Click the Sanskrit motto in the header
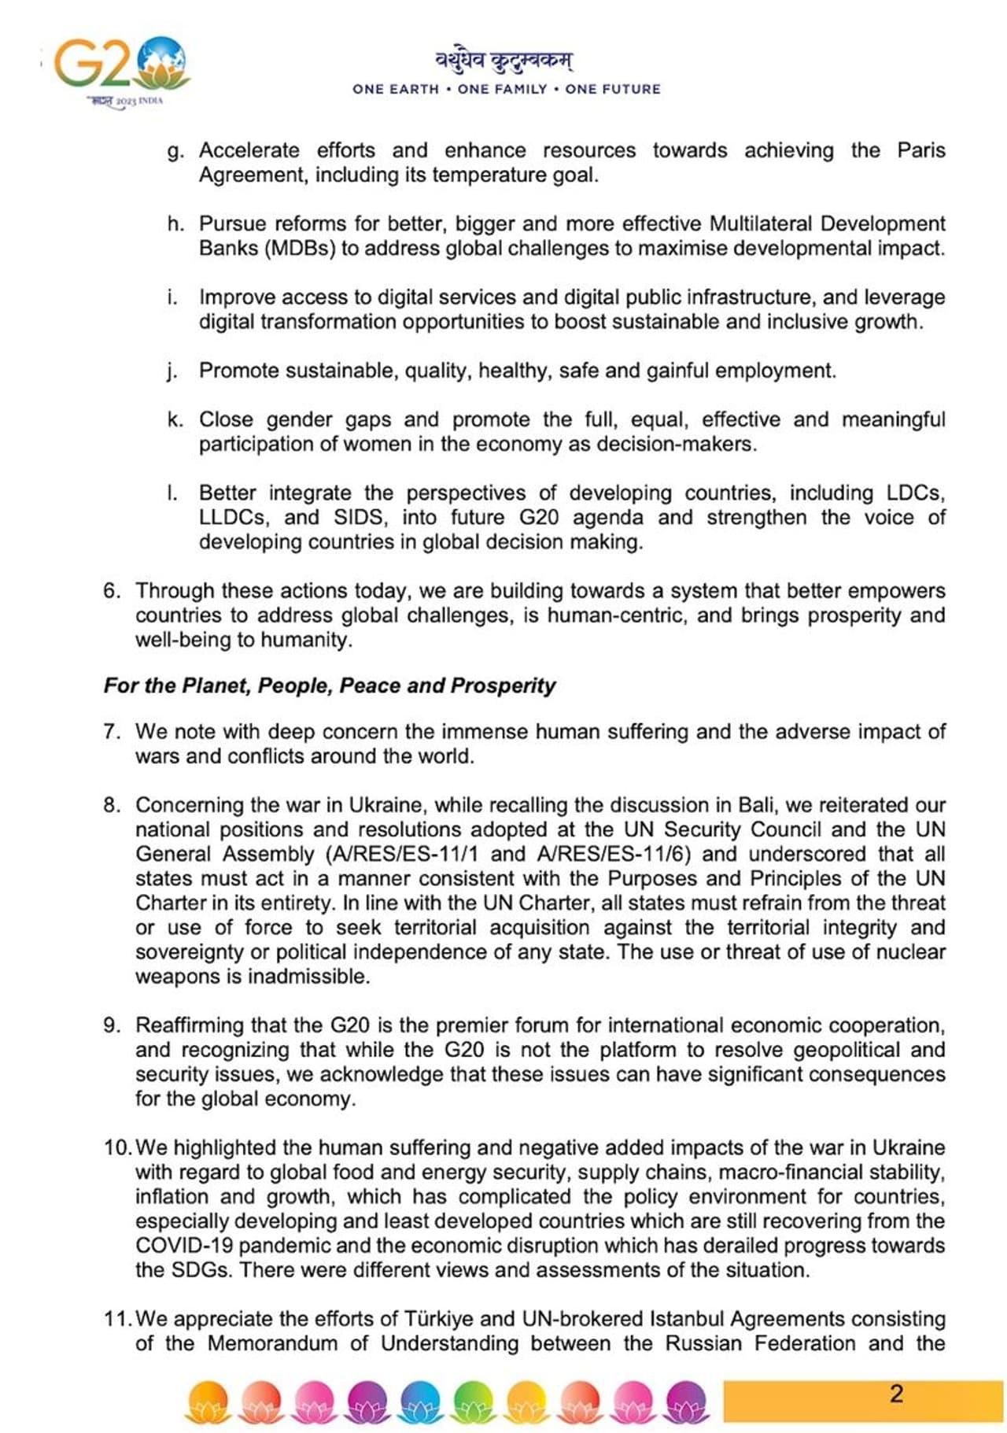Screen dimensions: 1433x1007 504,60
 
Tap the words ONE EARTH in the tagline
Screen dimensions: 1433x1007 396,90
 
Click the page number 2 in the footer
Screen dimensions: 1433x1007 896,1394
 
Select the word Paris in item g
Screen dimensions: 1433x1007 921,150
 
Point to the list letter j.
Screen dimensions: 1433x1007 172,371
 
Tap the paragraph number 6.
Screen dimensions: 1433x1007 111,591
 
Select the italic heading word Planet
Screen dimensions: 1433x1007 214,686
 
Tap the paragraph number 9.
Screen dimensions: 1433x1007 111,1025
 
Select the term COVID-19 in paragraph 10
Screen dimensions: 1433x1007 185,1246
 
